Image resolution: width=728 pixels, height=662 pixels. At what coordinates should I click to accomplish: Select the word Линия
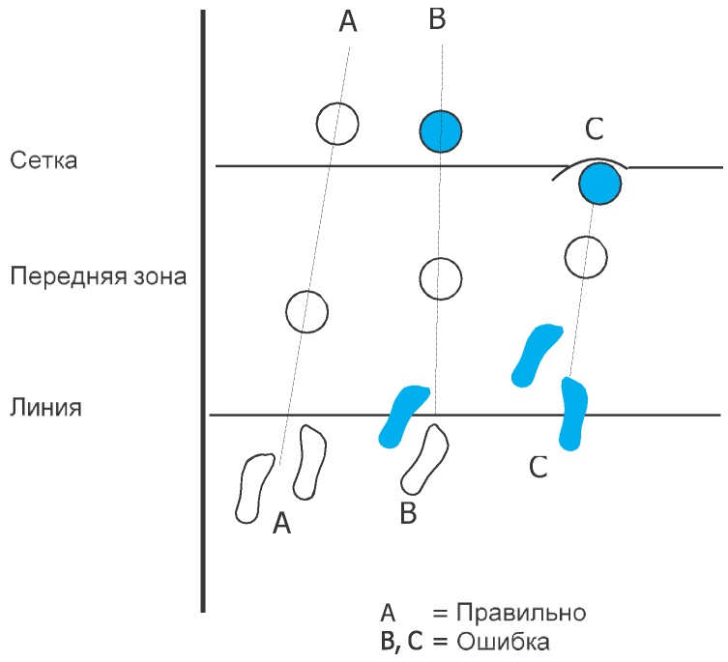[x=45, y=406]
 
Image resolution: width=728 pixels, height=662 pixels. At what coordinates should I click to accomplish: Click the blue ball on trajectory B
[x=441, y=130]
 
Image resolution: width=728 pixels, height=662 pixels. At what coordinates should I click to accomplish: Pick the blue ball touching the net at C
[x=599, y=183]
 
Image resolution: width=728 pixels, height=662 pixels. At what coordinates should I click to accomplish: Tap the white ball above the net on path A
[x=337, y=124]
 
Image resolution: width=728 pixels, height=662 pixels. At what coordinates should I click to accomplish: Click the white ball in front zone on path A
[x=307, y=312]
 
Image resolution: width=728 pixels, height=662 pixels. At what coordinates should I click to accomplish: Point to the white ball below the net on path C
[x=585, y=257]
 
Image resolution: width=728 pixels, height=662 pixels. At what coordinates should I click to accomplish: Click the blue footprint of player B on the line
[x=402, y=415]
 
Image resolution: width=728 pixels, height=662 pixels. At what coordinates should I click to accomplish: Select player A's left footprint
[x=255, y=487]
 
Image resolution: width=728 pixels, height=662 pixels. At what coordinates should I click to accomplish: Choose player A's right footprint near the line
[x=311, y=461]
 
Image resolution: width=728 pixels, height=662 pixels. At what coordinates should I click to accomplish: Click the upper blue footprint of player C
[x=537, y=355]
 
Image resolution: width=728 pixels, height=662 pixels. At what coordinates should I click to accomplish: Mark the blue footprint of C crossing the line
[x=574, y=413]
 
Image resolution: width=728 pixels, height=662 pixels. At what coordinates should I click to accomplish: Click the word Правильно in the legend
[x=521, y=614]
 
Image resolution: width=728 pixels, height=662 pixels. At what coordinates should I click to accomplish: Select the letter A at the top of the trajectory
[x=349, y=23]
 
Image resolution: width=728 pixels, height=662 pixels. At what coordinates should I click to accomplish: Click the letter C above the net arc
[x=596, y=130]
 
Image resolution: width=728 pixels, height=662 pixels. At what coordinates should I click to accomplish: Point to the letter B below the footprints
[x=408, y=514]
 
